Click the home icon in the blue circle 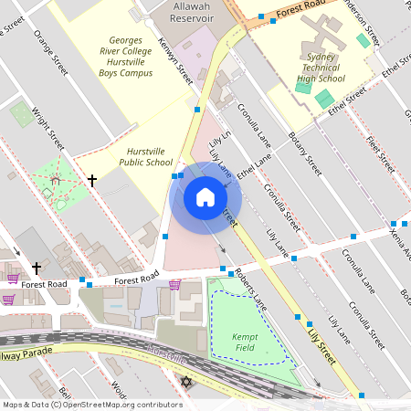click(x=205, y=197)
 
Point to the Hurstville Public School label click(x=145, y=156)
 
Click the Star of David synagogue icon click(x=188, y=381)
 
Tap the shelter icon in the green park click(x=56, y=180)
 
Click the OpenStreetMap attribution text click(x=92, y=405)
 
